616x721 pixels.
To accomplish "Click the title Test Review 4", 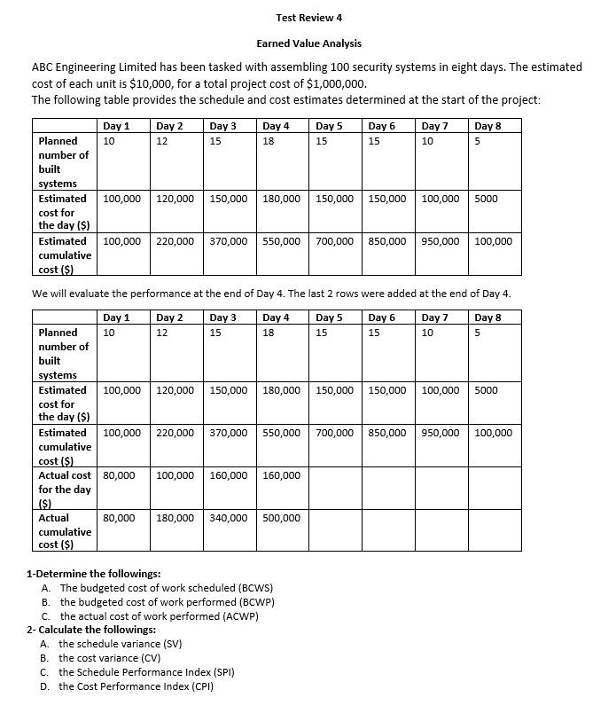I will pos(308,18).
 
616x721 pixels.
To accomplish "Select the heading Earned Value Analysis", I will pos(308,43).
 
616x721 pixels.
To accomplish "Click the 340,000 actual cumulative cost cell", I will pos(230,518).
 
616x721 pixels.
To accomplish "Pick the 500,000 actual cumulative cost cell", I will pos(282,518).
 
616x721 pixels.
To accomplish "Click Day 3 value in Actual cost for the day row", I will pos(230,475).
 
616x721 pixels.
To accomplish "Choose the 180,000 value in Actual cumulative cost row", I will pos(175,518).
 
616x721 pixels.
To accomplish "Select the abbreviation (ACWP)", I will pos(237,616).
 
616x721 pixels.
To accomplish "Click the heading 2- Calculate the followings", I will pos(91,630).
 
